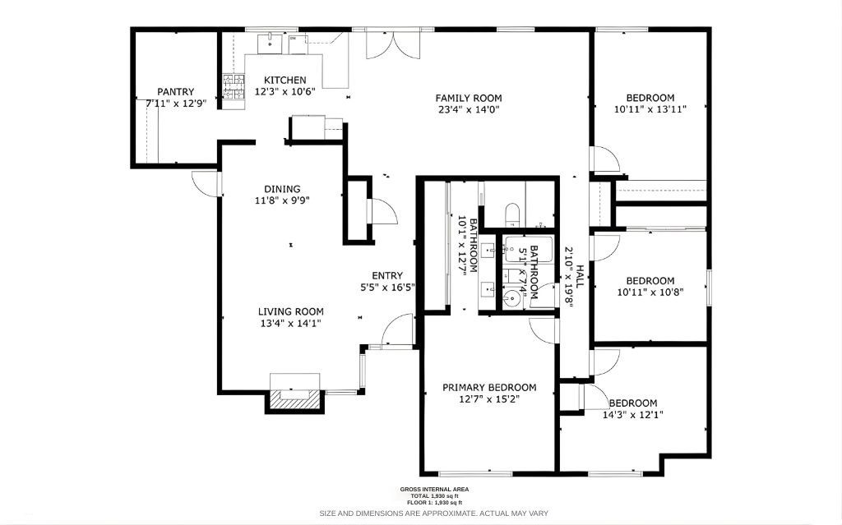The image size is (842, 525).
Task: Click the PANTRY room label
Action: [176, 92]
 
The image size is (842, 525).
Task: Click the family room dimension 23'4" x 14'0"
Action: [469, 109]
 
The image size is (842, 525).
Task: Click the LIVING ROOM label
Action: [290, 311]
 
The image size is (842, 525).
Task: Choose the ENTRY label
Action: [387, 276]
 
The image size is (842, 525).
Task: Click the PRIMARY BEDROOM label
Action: [489, 387]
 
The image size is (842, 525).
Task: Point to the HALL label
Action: [579, 275]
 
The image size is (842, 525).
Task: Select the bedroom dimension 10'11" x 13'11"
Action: [650, 108]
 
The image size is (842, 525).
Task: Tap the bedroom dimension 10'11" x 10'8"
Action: [650, 291]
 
